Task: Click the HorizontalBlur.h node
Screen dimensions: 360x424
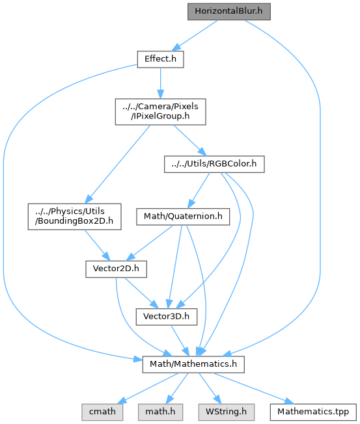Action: pyautogui.click(x=229, y=12)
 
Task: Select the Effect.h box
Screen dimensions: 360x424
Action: pyautogui.click(x=161, y=59)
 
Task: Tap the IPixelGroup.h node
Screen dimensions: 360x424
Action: pyautogui.click(x=161, y=112)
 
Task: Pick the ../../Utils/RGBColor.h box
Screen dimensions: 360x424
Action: pyautogui.click(x=214, y=164)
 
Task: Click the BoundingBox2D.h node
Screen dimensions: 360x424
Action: pyautogui.click(x=74, y=217)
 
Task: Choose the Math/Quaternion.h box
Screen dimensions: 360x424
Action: pyautogui.click(x=183, y=217)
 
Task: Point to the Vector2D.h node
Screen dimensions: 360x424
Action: pyautogui.click(x=116, y=269)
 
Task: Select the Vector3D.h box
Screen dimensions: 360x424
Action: pyautogui.click(x=167, y=317)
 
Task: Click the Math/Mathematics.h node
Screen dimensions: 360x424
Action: pyautogui.click(x=193, y=364)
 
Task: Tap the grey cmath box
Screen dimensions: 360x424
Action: pyautogui.click(x=102, y=412)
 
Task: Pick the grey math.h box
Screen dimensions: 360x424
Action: pyautogui.click(x=161, y=412)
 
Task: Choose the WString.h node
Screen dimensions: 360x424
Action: pyautogui.click(x=227, y=412)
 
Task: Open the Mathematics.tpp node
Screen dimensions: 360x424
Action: pyautogui.click(x=313, y=412)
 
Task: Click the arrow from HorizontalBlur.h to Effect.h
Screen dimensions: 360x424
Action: pyautogui.click(x=195, y=35)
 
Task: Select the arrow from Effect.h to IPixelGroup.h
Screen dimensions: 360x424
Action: pyautogui.click(x=161, y=83)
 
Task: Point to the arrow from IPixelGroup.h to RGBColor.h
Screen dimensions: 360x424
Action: pyautogui.click(x=190, y=140)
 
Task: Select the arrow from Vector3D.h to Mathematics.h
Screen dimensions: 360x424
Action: pyautogui.click(x=180, y=341)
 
